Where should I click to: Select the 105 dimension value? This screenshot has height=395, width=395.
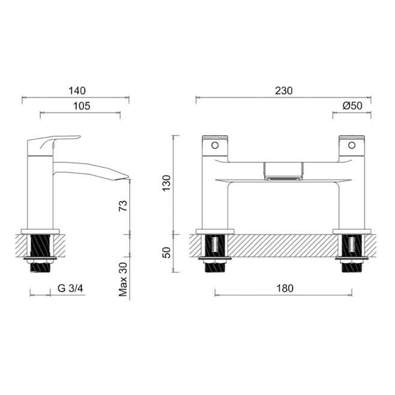pos(82,106)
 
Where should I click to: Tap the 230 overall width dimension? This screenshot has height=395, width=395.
pos(283,91)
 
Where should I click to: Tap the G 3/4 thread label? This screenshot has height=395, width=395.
pos(71,288)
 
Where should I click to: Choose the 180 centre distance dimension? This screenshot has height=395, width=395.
pos(283,288)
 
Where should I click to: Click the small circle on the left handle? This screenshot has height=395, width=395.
pos(214,145)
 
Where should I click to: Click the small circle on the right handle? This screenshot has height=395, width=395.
pos(352,145)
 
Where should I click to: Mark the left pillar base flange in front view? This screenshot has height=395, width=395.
pos(215,231)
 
